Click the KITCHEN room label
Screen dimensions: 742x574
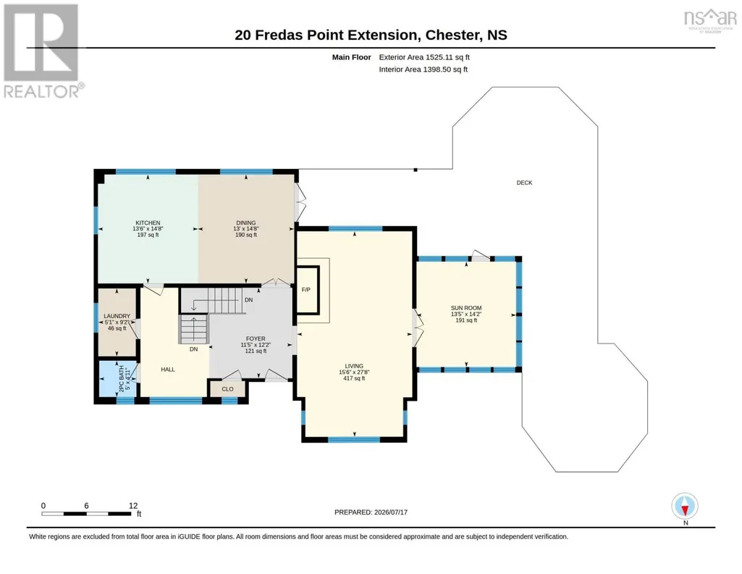coord(148,222)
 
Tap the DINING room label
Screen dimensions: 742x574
coord(245,222)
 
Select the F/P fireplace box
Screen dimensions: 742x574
coord(307,290)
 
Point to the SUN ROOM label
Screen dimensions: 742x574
coord(466,308)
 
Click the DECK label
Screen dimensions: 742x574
coord(524,183)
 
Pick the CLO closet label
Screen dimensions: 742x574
coord(227,388)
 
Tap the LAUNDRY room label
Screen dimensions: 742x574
coord(117,316)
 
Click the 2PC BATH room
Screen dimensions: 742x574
coord(117,378)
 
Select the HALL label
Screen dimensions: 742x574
coord(168,370)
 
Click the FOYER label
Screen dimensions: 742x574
coord(256,338)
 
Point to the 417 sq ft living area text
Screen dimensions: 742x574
coord(354,378)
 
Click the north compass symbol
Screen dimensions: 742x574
coord(685,507)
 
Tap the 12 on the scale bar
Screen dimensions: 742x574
coord(133,506)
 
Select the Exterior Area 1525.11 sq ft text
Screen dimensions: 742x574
coord(424,57)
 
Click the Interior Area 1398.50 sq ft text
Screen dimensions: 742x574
coord(423,69)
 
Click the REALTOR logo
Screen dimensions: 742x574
coord(43,51)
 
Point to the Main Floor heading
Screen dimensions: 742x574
coord(351,57)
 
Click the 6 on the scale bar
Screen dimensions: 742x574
coord(87,506)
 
